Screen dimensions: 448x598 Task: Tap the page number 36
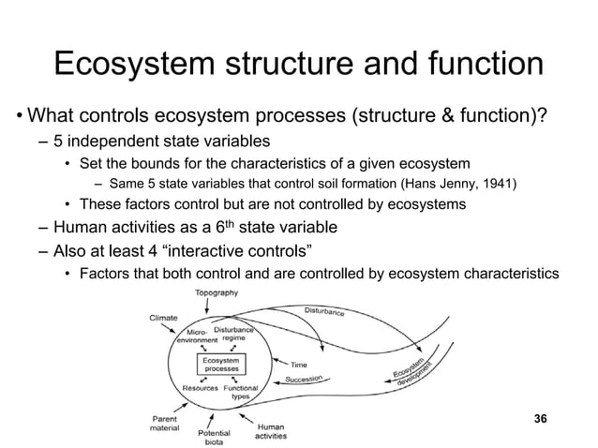(539, 417)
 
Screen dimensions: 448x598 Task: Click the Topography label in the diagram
(216, 292)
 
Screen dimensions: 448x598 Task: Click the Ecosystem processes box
(222, 364)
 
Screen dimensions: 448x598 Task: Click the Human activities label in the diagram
(271, 431)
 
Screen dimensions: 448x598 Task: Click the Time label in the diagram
(299, 364)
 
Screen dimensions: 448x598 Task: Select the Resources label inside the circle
(200, 387)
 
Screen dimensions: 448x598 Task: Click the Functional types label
(241, 391)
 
